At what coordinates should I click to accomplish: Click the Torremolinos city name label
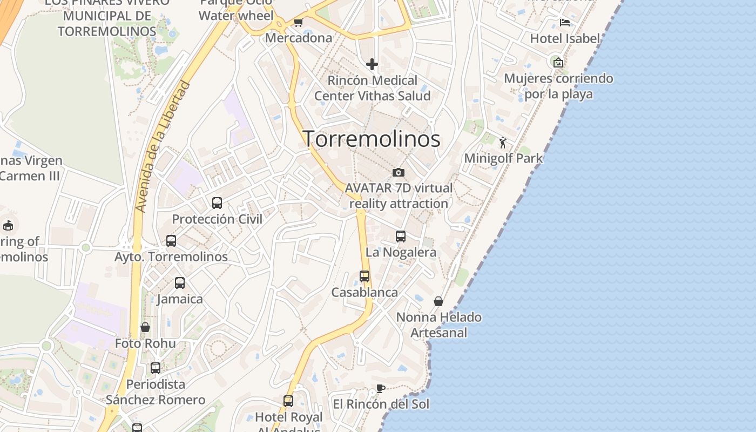(x=372, y=139)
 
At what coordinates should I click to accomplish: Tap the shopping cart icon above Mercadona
(x=298, y=22)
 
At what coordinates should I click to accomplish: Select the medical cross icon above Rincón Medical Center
(x=372, y=64)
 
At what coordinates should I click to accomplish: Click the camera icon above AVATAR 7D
(x=399, y=172)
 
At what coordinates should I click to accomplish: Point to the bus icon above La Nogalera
(x=401, y=236)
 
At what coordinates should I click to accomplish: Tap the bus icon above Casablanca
(x=364, y=276)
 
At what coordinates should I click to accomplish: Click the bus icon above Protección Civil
(x=217, y=203)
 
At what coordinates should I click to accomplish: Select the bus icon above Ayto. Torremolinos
(x=171, y=241)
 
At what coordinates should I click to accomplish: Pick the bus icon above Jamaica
(x=180, y=282)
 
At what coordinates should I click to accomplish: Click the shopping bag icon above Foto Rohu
(x=145, y=327)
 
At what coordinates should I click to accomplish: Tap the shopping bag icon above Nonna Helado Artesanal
(x=438, y=301)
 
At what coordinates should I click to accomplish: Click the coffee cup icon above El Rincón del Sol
(x=381, y=389)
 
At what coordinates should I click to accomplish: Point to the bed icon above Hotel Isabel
(x=565, y=23)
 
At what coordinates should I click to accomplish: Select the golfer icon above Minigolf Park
(x=503, y=143)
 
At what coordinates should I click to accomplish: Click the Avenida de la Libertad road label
(x=163, y=146)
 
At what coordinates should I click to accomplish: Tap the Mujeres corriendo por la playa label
(x=558, y=86)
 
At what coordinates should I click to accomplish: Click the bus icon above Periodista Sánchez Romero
(x=156, y=368)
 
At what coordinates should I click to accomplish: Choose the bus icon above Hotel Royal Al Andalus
(x=288, y=401)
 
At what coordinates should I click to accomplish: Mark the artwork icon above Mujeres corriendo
(x=558, y=63)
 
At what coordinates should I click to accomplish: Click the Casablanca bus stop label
(x=364, y=293)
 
